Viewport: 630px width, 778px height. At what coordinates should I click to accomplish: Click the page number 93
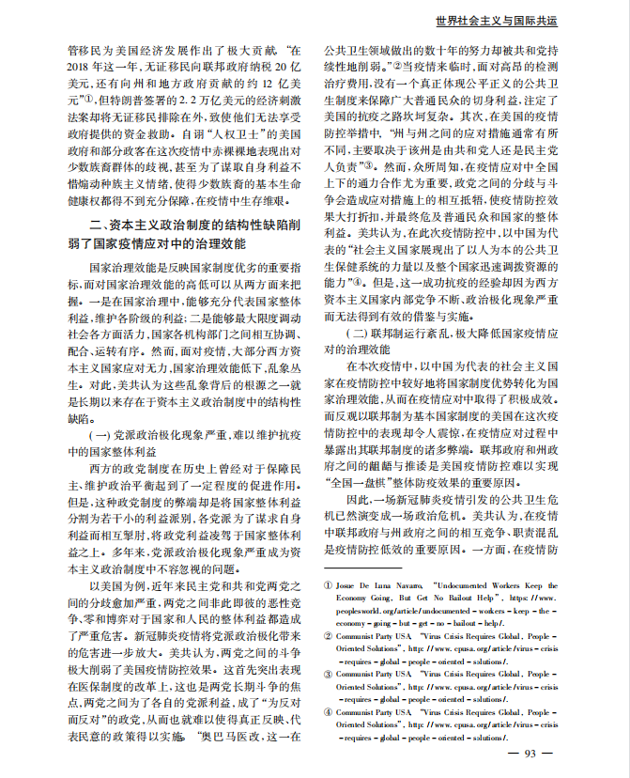pyautogui.click(x=530, y=754)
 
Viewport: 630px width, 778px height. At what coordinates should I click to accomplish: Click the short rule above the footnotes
pyautogui.click(x=361, y=567)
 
